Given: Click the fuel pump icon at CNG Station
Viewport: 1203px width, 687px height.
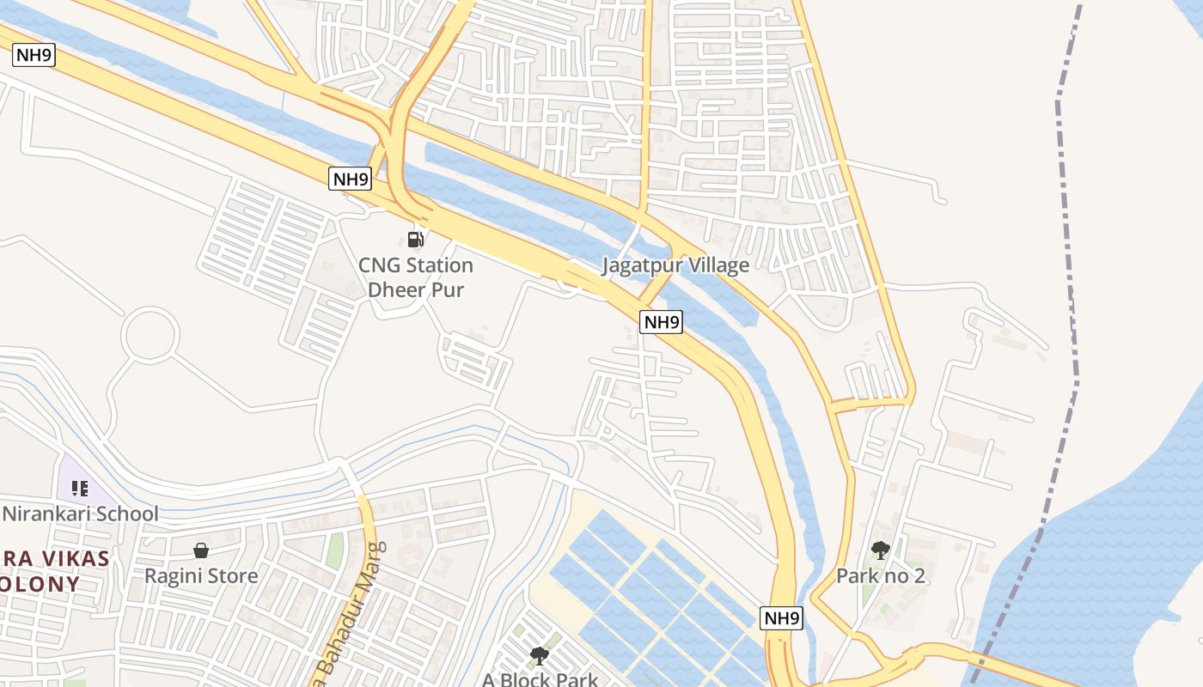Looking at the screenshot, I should [415, 239].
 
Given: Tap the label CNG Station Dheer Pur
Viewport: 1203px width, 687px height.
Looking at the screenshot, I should [416, 277].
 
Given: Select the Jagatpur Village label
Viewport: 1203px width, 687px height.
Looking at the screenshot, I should [675, 265].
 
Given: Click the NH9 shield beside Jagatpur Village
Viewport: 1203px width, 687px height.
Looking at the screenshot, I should [662, 322].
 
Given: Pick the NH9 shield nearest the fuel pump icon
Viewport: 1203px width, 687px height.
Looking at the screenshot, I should [351, 179].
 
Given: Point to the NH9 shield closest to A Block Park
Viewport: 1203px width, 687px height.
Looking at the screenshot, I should [782, 618].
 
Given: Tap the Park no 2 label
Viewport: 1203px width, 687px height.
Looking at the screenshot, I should [881, 576].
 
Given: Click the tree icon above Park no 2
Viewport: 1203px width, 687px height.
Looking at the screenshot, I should [880, 550].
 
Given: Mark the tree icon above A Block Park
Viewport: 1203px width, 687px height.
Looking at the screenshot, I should [540, 656].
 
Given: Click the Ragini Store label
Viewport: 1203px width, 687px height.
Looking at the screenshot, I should [201, 576].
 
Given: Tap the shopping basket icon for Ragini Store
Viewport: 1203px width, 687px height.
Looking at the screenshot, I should [201, 550].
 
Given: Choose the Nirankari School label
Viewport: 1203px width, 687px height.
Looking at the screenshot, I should [81, 514].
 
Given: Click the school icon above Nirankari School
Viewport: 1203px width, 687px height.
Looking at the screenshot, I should [80, 489].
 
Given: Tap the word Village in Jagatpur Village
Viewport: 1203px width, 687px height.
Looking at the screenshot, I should [714, 265].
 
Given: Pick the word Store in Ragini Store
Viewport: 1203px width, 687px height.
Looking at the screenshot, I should [231, 576].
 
